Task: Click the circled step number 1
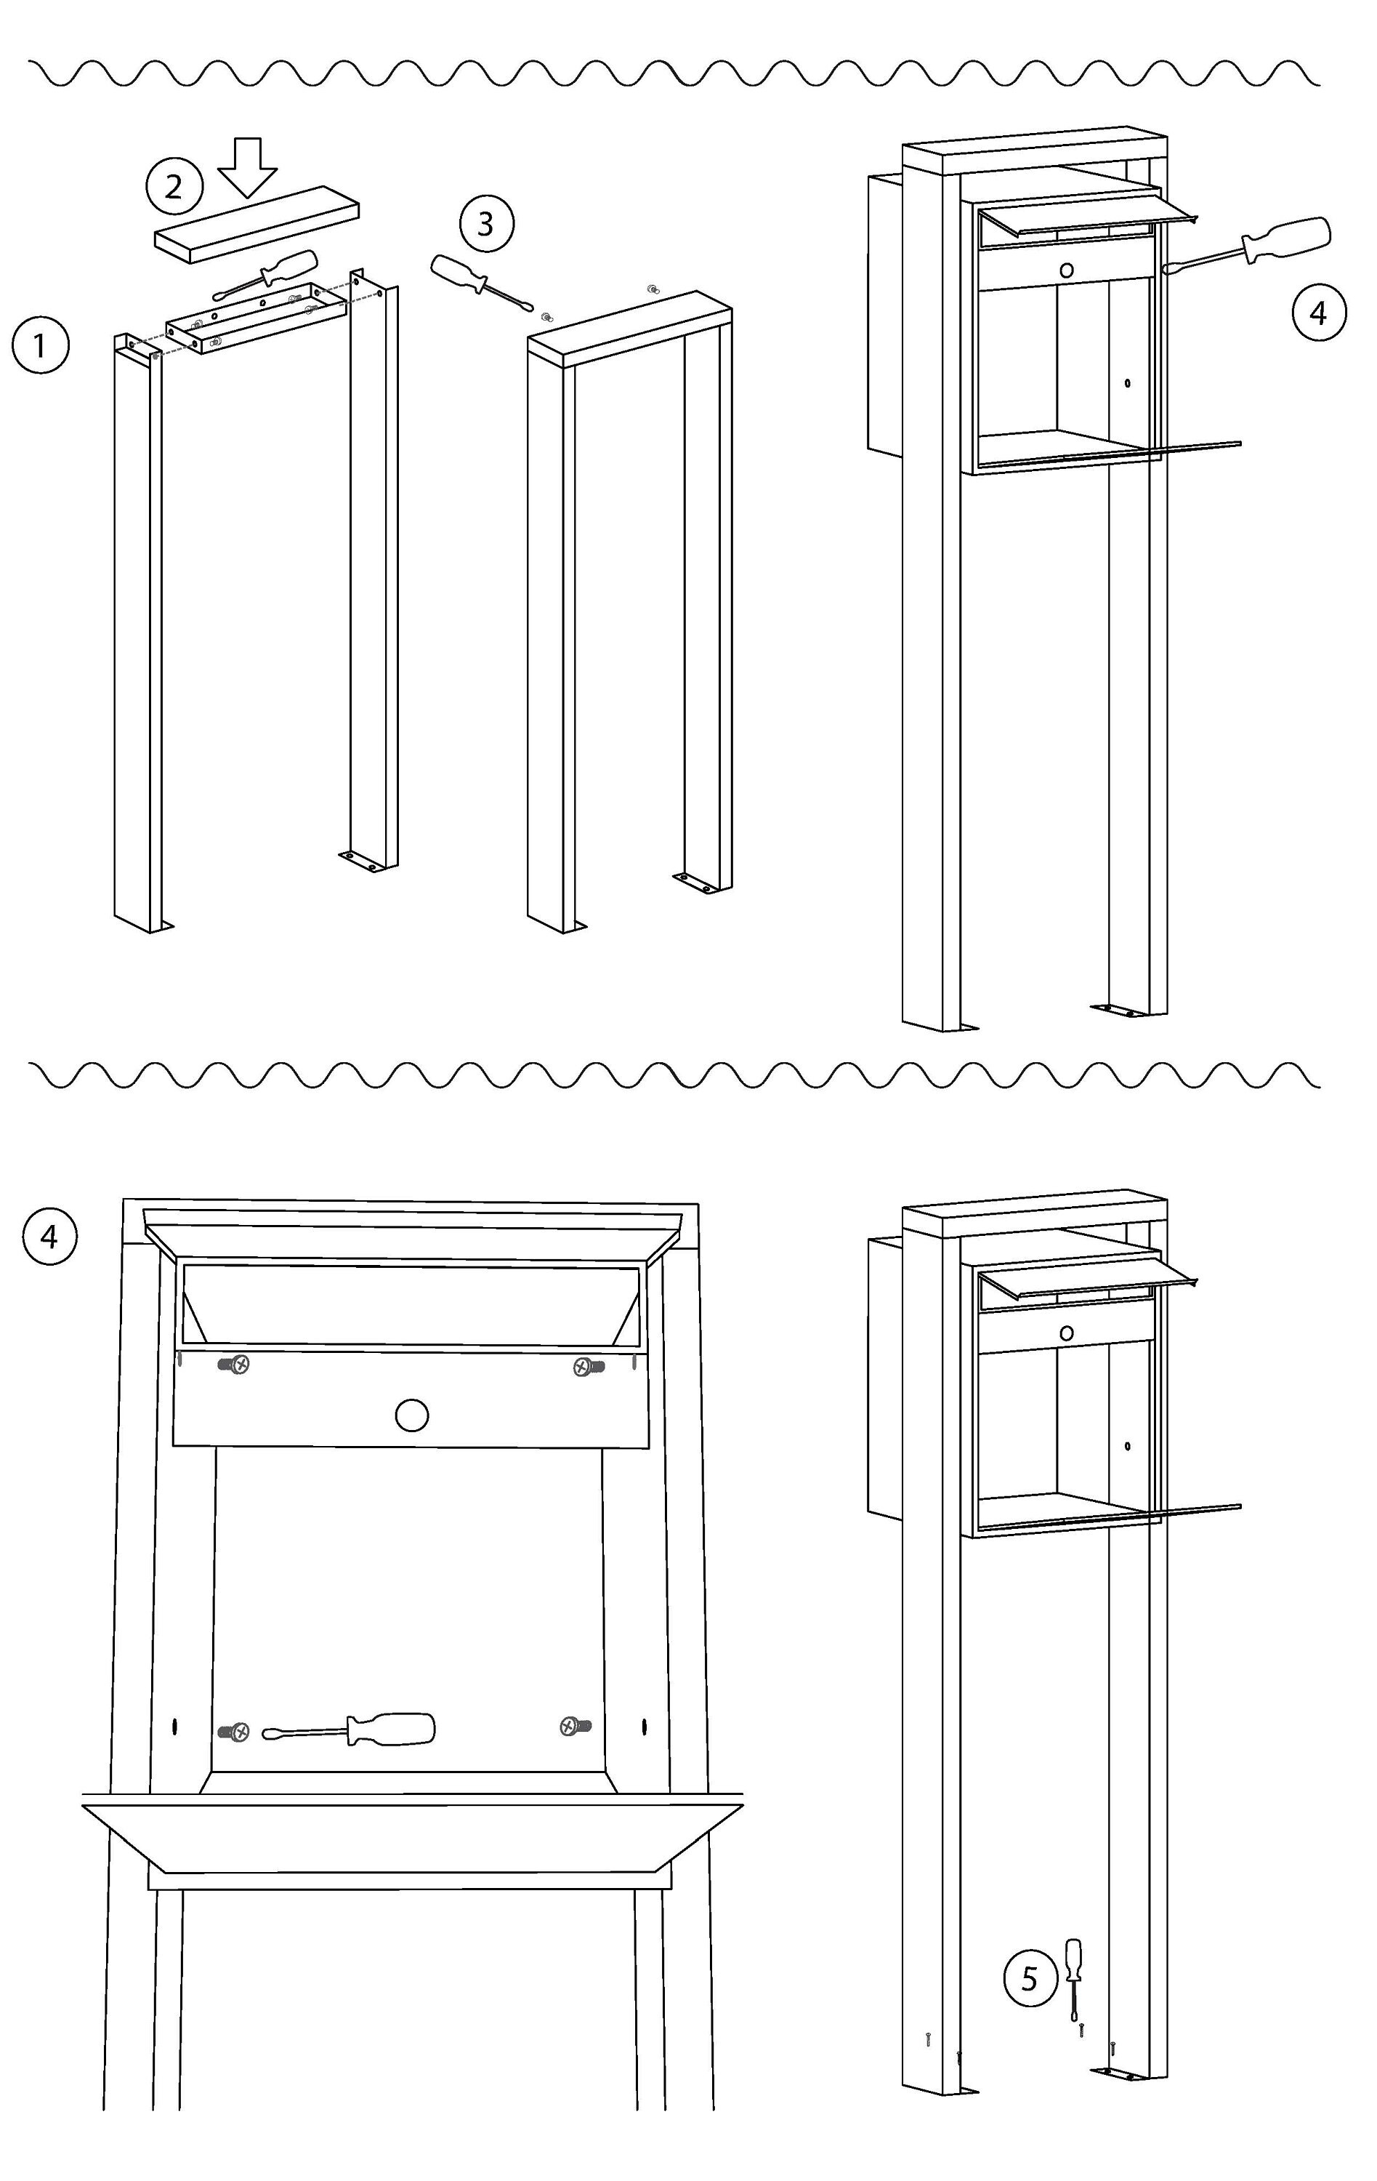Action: pos(40,345)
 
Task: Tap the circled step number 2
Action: pos(173,187)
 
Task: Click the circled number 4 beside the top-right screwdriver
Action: pos(1318,313)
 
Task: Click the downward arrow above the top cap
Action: pos(247,167)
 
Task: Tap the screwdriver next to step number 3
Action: pos(482,284)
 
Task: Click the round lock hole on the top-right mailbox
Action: pos(1067,270)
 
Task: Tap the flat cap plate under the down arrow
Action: pos(257,225)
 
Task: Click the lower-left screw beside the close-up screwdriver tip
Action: pos(235,1732)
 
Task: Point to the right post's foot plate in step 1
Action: pos(364,861)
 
